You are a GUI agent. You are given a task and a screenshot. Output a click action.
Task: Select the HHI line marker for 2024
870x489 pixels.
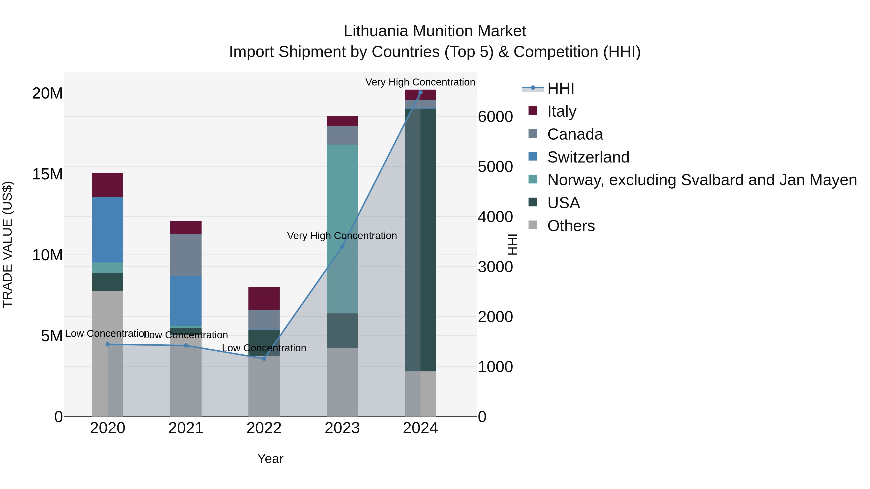[420, 92]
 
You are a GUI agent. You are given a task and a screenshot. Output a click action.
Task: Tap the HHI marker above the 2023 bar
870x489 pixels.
[342, 247]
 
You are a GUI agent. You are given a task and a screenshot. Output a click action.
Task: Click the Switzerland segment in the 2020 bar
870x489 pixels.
[108, 230]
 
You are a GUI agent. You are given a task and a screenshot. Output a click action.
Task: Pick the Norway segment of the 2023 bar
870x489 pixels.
[342, 229]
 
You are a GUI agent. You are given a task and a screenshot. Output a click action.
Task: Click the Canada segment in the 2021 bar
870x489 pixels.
[186, 255]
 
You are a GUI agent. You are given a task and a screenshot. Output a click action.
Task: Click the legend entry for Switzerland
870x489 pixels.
[588, 157]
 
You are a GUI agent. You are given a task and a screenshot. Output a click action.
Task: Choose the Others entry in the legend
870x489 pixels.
[571, 226]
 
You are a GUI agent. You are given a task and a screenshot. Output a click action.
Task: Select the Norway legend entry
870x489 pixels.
[702, 180]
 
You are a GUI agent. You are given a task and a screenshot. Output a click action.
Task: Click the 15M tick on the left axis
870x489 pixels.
[47, 174]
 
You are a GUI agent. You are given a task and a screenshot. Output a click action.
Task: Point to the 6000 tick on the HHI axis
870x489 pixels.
[495, 117]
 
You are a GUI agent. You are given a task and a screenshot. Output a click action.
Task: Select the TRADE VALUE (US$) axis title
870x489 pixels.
[7, 244]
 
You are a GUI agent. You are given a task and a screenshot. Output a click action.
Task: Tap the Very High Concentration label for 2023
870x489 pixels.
[342, 235]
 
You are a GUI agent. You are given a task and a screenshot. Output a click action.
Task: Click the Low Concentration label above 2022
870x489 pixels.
[264, 348]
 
